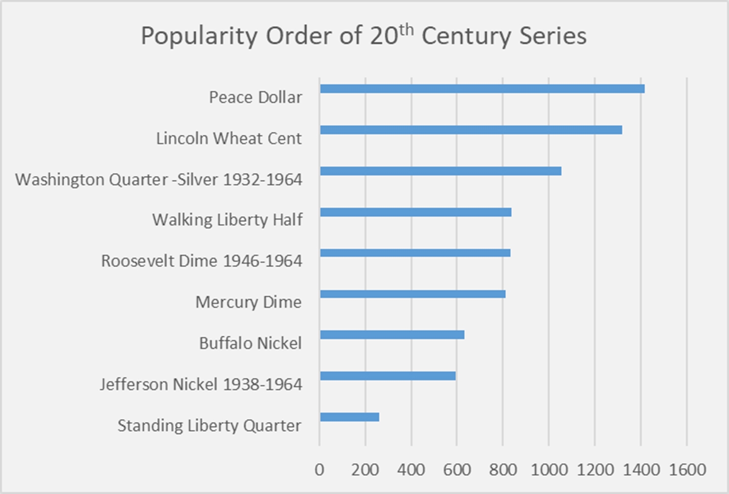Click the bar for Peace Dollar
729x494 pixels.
pos(482,89)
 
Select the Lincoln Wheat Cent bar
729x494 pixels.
pos(471,130)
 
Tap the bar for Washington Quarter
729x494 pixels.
pos(440,171)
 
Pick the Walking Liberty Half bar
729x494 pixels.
pos(415,212)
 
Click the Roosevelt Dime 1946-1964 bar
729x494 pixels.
pos(415,253)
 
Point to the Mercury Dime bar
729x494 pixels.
pos(413,294)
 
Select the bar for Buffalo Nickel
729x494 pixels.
pos(392,335)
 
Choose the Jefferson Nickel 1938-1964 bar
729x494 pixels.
pos(387,376)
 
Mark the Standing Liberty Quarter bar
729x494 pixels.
pos(349,417)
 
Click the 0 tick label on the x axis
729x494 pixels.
pos(319,470)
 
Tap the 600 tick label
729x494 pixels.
pos(457,470)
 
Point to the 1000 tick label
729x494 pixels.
pos(549,470)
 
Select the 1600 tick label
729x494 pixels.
pos(687,470)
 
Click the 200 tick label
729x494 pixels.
pos(365,470)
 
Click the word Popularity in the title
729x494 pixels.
pos(199,36)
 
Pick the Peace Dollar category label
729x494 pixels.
pos(255,97)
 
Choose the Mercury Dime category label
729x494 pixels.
pos(248,302)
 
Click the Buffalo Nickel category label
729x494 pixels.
pos(250,343)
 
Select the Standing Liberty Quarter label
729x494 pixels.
pos(209,425)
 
